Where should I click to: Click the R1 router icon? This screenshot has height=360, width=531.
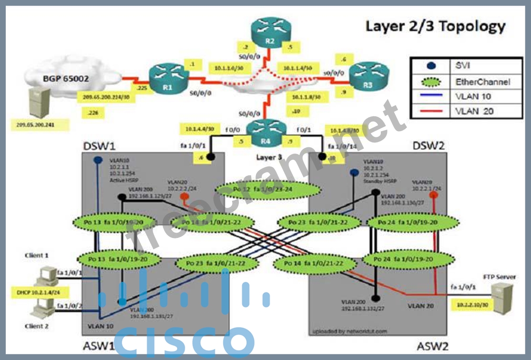[x=165, y=76]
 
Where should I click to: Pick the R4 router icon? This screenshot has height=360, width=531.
[x=266, y=130]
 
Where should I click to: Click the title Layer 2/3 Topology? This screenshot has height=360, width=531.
[x=435, y=26]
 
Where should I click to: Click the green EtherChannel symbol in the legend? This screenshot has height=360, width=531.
[x=431, y=82]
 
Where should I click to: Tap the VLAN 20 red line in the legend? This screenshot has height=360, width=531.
[x=431, y=111]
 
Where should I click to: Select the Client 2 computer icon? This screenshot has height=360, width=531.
[x=44, y=310]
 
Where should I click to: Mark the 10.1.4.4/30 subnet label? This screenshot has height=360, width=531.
[x=199, y=128]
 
